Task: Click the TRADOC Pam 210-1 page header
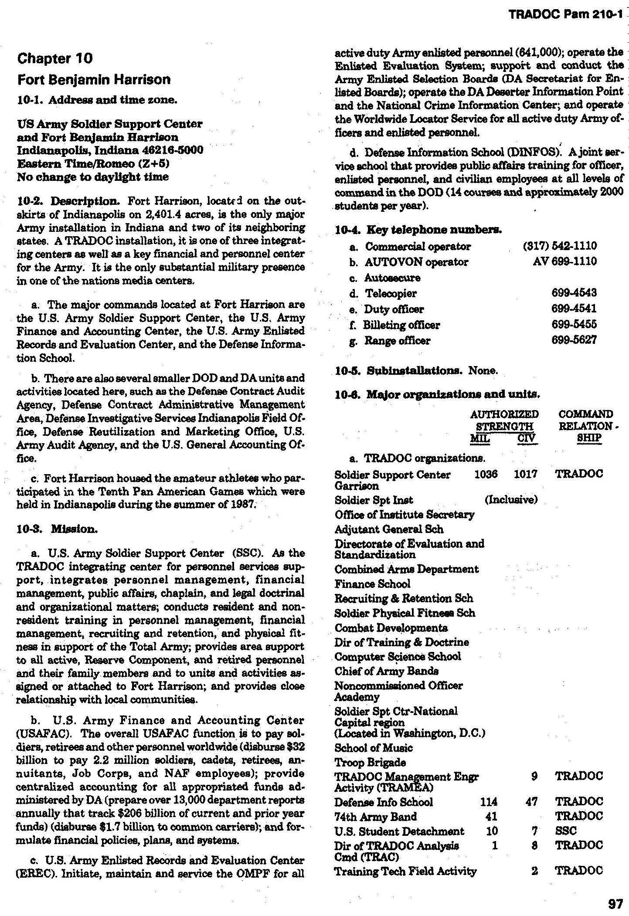point(566,14)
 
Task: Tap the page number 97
point(615,903)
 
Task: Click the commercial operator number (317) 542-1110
point(559,246)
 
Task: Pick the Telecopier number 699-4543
point(574,293)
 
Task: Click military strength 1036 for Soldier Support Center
point(486,474)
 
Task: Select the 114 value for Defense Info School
point(488,802)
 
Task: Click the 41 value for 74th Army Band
point(491,816)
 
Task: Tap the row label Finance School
point(372,584)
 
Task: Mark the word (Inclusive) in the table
point(511,500)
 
